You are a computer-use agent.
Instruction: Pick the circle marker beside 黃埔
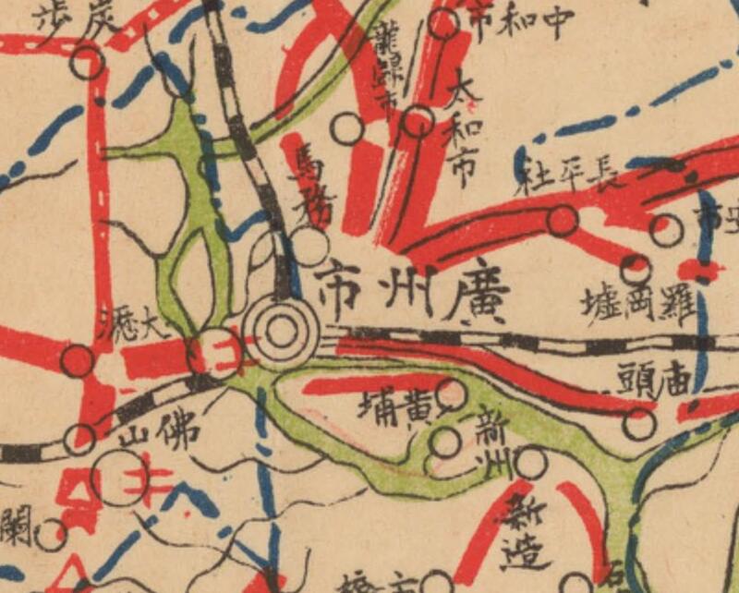(452, 394)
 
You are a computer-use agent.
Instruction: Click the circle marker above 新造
(530, 462)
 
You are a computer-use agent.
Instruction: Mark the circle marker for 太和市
(418, 121)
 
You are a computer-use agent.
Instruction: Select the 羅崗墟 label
(637, 304)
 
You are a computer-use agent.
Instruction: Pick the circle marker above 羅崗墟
(635, 269)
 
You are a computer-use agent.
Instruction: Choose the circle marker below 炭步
(87, 64)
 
